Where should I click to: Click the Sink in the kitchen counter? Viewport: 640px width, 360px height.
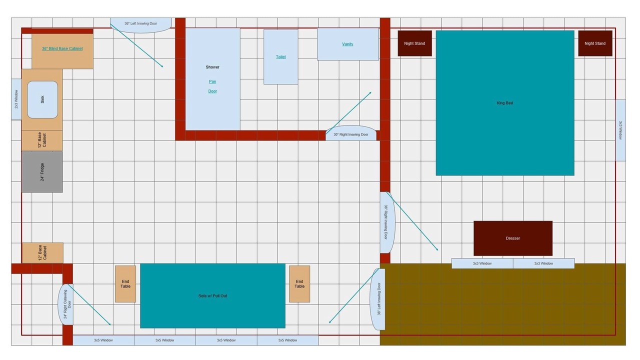pos(42,99)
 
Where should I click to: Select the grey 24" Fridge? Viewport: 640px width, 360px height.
pos(42,172)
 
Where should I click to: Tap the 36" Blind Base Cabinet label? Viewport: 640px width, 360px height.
pos(62,48)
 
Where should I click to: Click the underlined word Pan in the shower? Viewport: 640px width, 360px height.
pos(212,81)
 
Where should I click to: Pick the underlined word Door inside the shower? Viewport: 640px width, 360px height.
pos(212,91)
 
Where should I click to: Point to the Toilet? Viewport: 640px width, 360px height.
pos(281,57)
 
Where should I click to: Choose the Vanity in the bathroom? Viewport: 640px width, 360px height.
pos(348,44)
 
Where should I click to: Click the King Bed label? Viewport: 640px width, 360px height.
pos(504,103)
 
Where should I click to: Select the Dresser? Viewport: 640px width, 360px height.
pos(513,238)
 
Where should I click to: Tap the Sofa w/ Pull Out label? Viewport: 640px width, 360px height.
pos(212,295)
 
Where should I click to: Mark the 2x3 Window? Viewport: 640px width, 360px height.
pos(16,99)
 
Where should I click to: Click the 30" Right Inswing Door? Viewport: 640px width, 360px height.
pos(351,133)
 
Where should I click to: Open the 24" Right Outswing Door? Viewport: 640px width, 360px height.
pos(65,304)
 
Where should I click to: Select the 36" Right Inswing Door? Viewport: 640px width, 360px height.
pos(387,222)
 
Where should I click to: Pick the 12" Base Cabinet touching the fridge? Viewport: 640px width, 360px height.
pos(42,140)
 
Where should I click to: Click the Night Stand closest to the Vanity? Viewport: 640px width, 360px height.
pos(414,43)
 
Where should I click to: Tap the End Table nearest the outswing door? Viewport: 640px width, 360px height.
pos(125,284)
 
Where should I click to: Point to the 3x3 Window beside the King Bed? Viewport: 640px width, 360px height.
pos(620,130)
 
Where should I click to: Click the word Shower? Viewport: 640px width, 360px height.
pos(212,67)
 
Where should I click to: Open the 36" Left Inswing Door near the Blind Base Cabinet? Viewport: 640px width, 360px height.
pos(141,25)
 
